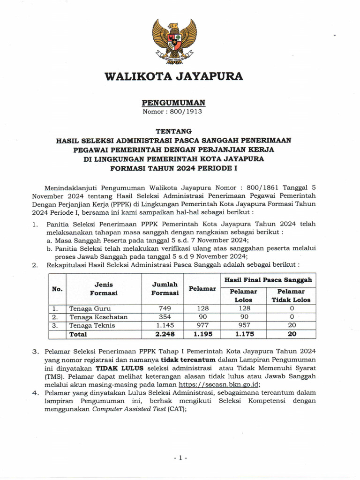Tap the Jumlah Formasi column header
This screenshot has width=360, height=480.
point(165,289)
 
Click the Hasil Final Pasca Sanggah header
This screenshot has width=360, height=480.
point(269,280)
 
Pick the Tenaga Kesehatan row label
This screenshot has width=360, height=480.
point(98,317)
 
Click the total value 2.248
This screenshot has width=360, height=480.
point(165,334)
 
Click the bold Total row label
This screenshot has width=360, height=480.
point(78,334)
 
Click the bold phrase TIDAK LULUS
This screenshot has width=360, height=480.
point(114,368)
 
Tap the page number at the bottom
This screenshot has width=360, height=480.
point(180,457)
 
